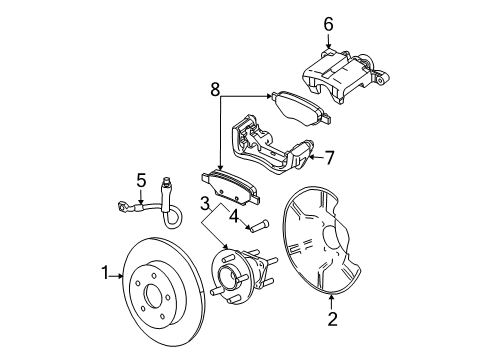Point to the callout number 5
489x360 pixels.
tap(141, 180)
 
